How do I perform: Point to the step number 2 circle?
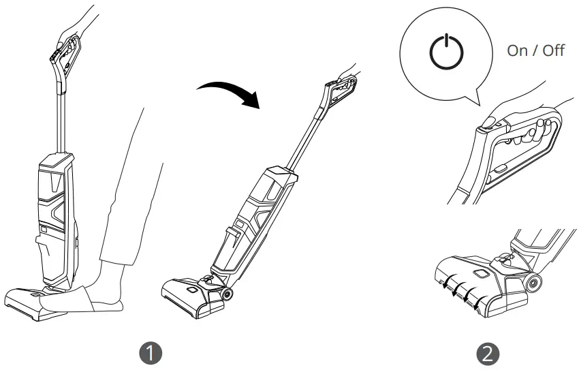click(x=489, y=353)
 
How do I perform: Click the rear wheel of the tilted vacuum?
click(x=224, y=295)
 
